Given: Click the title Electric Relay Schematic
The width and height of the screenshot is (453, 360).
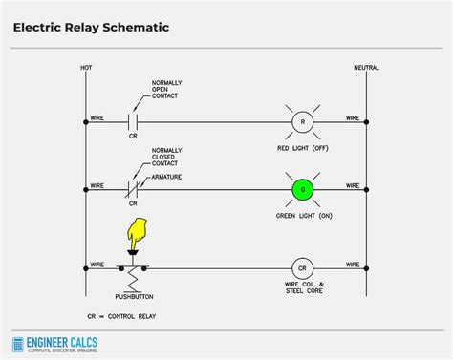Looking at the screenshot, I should (91, 28).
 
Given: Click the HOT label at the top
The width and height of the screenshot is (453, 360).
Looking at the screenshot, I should (86, 69).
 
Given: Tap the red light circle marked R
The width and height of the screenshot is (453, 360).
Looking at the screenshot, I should (303, 123).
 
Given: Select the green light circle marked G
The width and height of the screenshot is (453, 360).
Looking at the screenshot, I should (303, 190).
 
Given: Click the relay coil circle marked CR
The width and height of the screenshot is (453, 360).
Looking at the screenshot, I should (303, 268).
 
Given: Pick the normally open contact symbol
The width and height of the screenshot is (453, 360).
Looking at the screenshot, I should (134, 123).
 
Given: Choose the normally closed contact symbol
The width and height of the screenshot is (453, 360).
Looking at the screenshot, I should (134, 190).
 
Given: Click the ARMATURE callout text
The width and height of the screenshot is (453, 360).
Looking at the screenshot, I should (168, 177).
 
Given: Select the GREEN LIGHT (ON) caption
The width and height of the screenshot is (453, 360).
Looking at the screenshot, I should (303, 215).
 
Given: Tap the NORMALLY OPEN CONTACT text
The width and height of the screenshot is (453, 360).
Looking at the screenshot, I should (166, 91).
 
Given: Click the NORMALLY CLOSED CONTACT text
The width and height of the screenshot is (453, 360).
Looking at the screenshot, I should (166, 159).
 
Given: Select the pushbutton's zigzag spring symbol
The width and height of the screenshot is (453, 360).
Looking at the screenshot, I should (134, 281).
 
